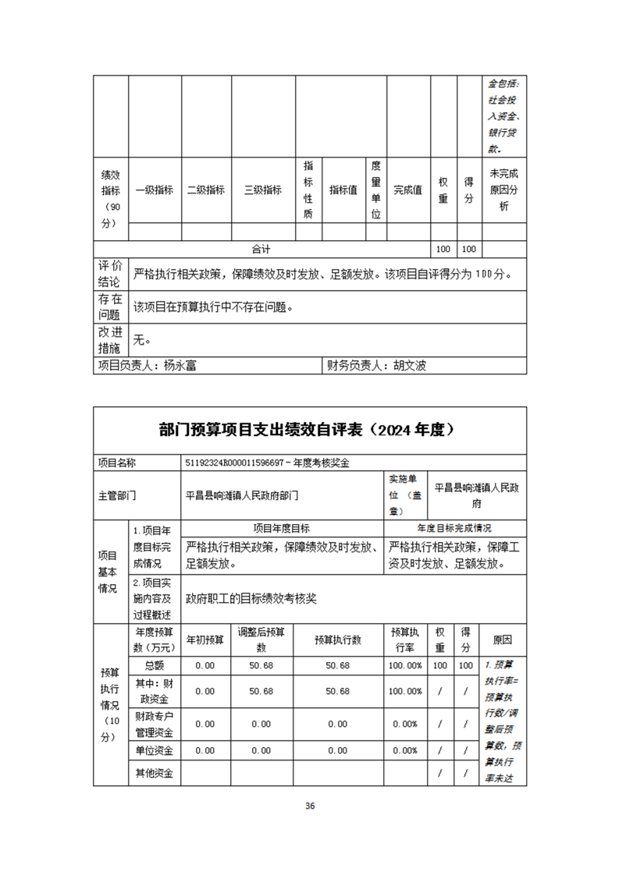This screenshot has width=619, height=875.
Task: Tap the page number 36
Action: coord(310,806)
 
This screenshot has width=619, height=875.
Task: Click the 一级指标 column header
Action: coord(155,190)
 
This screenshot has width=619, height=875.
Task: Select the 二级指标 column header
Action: coord(206,190)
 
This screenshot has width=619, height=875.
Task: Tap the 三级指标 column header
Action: coord(263,190)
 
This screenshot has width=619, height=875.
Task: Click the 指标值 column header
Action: coord(343,190)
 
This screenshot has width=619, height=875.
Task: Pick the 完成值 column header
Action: coord(407,190)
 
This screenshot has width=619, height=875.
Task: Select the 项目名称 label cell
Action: coord(116,462)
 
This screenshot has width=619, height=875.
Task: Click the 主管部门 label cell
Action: coord(118,494)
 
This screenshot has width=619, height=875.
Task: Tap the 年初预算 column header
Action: coord(205,639)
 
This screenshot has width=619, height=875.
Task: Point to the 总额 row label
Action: coord(155,665)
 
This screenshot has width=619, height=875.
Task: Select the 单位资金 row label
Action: coord(155,750)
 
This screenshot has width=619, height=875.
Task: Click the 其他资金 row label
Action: coord(155,773)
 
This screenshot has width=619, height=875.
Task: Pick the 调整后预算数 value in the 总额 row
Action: coord(261,665)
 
